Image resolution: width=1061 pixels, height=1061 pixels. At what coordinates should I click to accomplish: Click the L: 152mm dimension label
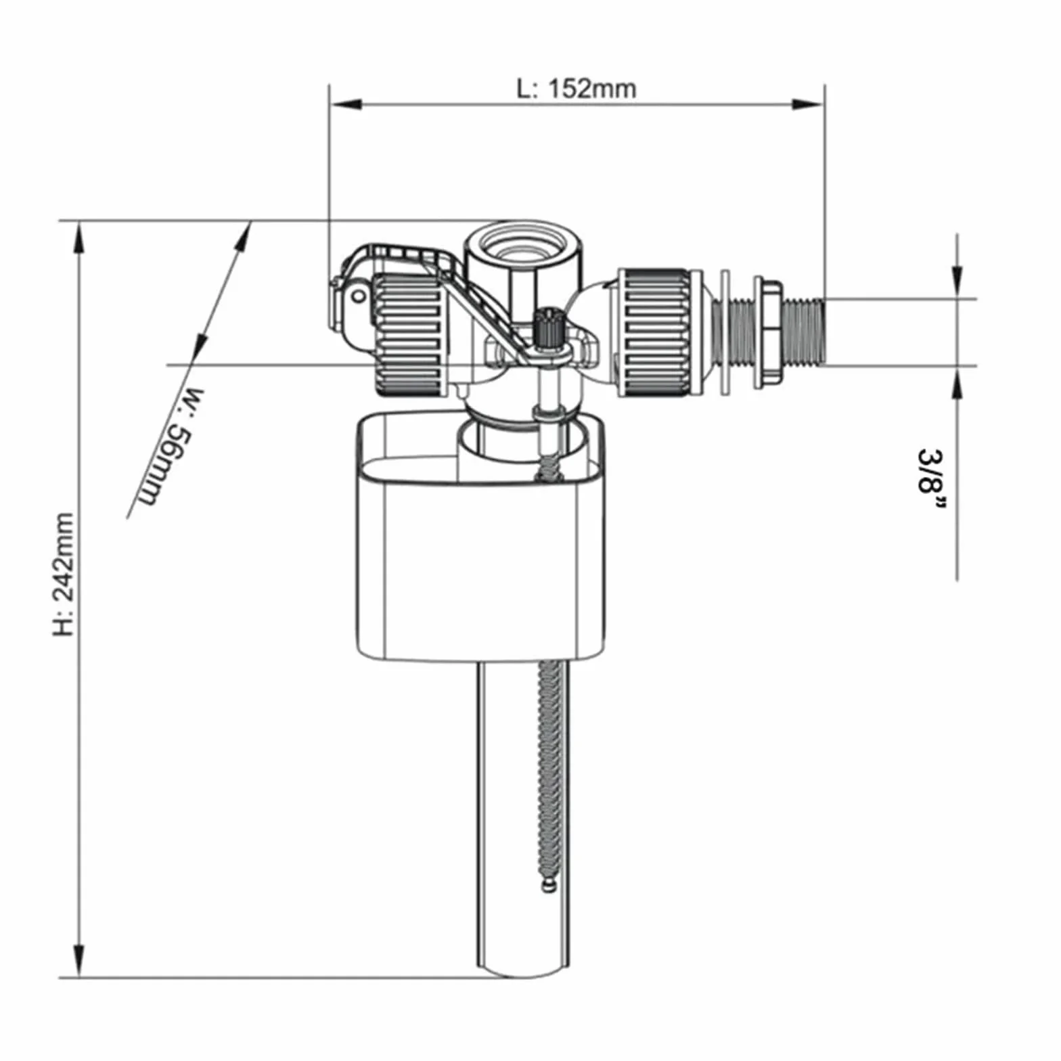pyautogui.click(x=577, y=89)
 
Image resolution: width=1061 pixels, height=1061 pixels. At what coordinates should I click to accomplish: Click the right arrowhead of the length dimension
pyautogui.click(x=808, y=104)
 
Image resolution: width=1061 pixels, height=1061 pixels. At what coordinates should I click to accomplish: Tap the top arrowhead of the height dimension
pyautogui.click(x=79, y=237)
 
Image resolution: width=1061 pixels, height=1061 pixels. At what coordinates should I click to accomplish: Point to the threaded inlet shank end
pyautogui.click(x=805, y=332)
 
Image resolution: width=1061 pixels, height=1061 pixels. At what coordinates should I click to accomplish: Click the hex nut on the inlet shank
pyautogui.click(x=769, y=331)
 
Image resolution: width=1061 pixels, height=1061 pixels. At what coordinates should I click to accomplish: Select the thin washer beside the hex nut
pyautogui.click(x=725, y=332)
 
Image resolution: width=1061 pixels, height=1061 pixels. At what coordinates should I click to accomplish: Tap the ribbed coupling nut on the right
pyautogui.click(x=654, y=332)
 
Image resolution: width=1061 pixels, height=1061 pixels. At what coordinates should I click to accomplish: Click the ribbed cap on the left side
pyautogui.click(x=409, y=335)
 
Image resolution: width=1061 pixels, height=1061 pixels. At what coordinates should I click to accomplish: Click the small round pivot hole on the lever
pyautogui.click(x=358, y=296)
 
